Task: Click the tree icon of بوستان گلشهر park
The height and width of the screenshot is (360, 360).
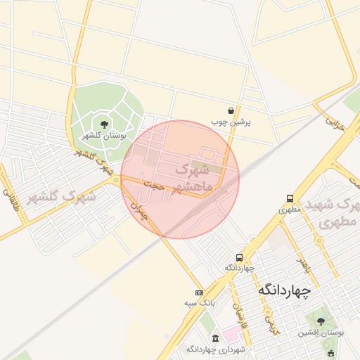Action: click(x=105, y=124)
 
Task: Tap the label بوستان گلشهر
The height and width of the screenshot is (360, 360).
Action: click(x=104, y=136)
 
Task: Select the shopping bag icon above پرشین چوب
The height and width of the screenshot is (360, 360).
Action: click(x=231, y=110)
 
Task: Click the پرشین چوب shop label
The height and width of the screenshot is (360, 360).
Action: click(x=231, y=122)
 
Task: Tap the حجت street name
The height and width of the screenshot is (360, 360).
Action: click(x=154, y=186)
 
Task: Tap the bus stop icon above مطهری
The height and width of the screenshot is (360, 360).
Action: click(x=290, y=199)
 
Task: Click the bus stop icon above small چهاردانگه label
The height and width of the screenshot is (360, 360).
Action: click(x=240, y=257)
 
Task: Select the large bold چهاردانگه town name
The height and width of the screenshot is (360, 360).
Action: click(x=288, y=290)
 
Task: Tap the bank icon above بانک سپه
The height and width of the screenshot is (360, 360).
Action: click(x=199, y=292)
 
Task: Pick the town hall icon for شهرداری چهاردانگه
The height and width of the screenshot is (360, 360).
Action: click(x=214, y=338)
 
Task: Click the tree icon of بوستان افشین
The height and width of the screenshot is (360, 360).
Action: click(x=321, y=321)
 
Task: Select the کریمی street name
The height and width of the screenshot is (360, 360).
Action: click(x=269, y=323)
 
